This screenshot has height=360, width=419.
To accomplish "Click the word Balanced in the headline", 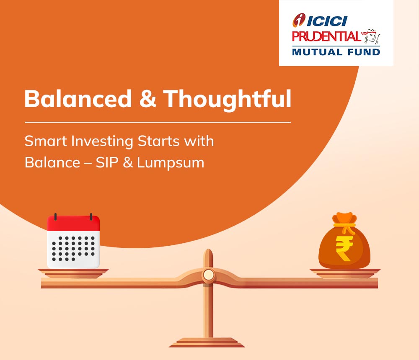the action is [x=78, y=98].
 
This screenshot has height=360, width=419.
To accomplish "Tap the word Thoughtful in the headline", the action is [x=227, y=99].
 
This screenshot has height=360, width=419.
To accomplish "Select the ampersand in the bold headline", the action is [x=147, y=99].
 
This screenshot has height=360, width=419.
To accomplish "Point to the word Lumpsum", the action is [x=171, y=163].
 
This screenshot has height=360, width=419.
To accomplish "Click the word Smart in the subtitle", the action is [x=46, y=141].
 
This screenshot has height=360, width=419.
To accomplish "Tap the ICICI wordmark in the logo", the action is [x=327, y=21].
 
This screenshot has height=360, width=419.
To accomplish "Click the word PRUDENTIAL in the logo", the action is [x=326, y=36].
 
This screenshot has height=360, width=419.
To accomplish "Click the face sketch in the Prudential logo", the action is [x=371, y=36].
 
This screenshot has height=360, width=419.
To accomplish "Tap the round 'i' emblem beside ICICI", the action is [x=299, y=20].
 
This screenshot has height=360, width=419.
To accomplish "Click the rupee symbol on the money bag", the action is [x=344, y=248].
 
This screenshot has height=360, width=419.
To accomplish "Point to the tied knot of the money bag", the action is [x=344, y=224].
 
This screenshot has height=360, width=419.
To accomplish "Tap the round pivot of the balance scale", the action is [x=208, y=274].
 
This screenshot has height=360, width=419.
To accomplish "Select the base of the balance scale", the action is [x=207, y=343].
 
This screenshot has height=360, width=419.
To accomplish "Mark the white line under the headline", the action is [x=158, y=123].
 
